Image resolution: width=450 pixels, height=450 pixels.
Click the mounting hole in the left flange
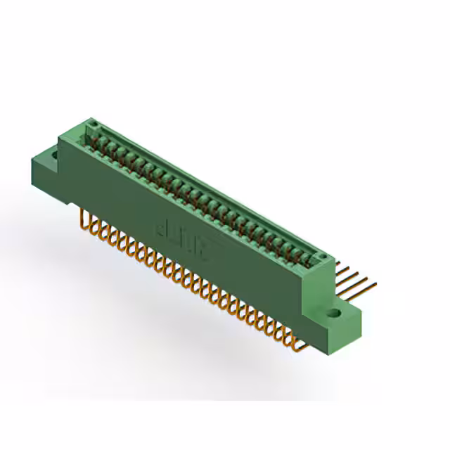[53, 153]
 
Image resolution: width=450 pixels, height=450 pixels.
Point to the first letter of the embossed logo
[161, 226]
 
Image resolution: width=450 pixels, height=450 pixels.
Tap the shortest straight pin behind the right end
[342, 266]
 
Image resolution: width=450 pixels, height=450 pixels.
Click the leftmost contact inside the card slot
[99, 140]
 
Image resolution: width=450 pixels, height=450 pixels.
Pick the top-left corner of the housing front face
[59, 137]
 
